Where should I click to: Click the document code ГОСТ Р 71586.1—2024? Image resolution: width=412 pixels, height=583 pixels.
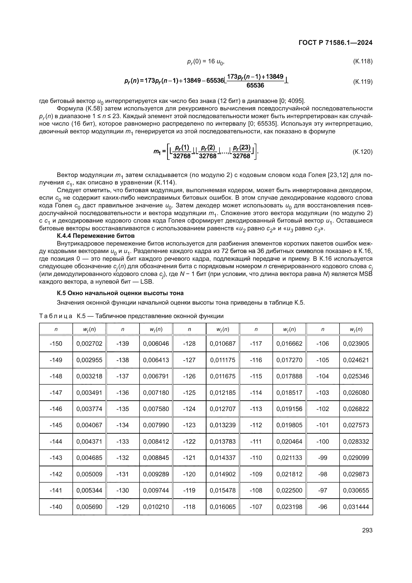point(335,43)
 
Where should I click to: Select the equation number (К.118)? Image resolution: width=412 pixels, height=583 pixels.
point(362,61)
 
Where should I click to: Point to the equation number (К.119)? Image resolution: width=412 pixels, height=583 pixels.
point(362,82)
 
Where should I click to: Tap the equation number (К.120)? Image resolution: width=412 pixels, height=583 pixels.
point(362,152)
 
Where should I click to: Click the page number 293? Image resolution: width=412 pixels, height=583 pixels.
point(367,530)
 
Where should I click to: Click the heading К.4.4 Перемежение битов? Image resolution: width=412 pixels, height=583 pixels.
point(96,236)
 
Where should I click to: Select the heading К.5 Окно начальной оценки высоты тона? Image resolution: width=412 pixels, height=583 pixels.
point(120,293)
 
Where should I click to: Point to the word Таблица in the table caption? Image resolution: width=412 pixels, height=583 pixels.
point(56,316)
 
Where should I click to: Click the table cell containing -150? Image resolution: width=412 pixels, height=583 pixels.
point(56,343)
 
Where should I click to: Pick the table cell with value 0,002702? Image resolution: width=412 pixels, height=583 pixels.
point(89,343)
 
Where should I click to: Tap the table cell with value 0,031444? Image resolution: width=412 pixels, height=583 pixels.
point(356,507)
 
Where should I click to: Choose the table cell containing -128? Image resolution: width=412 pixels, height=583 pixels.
point(189,343)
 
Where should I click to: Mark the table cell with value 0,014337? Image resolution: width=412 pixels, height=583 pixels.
point(222,458)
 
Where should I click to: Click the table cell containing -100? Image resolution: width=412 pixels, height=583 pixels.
point(322,441)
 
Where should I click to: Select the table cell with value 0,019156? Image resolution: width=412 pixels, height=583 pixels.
point(289,409)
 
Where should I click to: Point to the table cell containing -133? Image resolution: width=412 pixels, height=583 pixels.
point(123,441)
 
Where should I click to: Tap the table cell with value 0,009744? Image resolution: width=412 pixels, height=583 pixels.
point(156,490)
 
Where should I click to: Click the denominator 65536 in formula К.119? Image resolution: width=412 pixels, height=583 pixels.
point(255,85)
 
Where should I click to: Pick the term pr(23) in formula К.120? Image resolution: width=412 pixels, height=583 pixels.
point(242,148)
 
